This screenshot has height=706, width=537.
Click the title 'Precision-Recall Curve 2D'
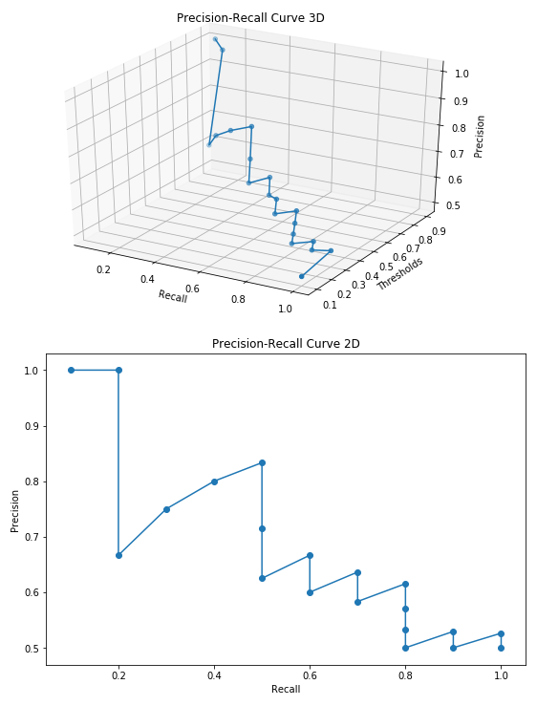click(x=286, y=343)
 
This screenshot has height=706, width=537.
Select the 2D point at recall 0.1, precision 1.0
click(x=71, y=370)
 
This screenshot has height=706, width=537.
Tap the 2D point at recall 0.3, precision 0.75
click(x=166, y=509)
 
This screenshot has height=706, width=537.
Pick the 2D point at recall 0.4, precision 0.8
click(x=214, y=481)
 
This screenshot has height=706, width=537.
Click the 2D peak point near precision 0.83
click(x=262, y=462)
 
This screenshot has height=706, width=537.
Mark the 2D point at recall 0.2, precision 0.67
click(x=118, y=555)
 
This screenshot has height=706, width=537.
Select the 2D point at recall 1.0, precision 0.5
click(x=501, y=648)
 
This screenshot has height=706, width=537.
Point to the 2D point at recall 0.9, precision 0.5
click(x=453, y=648)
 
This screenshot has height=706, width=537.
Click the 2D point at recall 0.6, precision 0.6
click(x=310, y=592)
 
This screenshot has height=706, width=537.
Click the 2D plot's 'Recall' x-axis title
click(x=286, y=689)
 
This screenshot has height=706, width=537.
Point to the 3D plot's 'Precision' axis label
click(x=481, y=137)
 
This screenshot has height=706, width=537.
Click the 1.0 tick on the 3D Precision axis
click(x=460, y=73)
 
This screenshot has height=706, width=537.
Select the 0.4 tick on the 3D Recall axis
click(x=147, y=279)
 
